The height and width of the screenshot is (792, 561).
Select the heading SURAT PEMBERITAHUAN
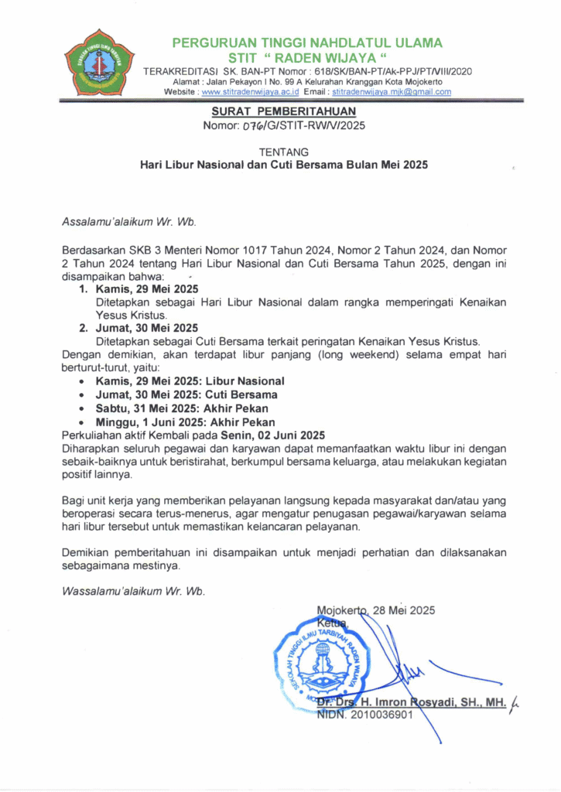coord(283,111)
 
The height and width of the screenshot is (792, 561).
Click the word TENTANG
coord(283,152)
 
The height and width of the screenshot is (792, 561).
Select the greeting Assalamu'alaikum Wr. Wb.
coord(129,222)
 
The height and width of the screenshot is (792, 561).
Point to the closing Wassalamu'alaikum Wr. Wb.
coord(133,592)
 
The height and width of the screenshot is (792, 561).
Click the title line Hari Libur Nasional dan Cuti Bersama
coord(283,165)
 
